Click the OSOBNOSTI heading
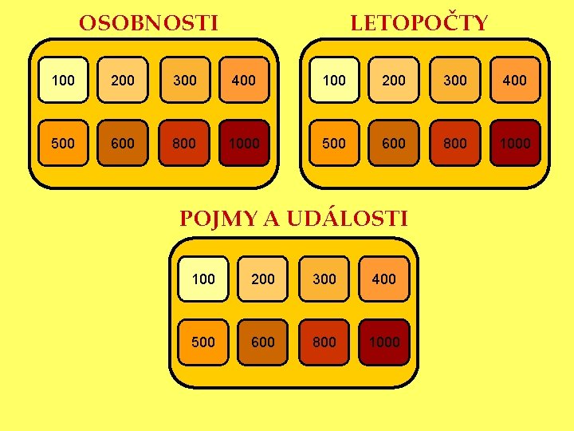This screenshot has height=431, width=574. click(x=148, y=23)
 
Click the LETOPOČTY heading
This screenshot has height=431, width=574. click(x=419, y=23)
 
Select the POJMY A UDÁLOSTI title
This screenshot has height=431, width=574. click(x=293, y=218)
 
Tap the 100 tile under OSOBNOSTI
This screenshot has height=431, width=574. click(x=63, y=80)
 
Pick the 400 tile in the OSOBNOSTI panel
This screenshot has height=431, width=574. click(x=244, y=80)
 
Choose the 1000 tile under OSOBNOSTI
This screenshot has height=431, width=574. click(x=244, y=143)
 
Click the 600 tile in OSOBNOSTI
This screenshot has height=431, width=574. click(x=123, y=143)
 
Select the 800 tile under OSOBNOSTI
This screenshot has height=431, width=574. click(x=183, y=143)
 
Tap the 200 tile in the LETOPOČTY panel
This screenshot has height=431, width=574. click(x=394, y=80)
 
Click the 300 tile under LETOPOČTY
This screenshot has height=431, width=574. click(x=454, y=80)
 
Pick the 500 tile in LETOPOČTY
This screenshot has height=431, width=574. click(x=334, y=143)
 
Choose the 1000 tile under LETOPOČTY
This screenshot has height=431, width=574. click(x=515, y=143)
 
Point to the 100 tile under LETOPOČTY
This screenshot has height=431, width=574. click(x=334, y=80)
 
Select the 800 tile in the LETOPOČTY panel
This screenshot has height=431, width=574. click(x=454, y=143)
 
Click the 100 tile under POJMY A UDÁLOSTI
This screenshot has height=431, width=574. click(x=203, y=279)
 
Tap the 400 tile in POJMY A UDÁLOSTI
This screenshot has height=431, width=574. click(x=384, y=279)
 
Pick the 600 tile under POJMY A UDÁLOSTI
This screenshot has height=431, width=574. click(x=263, y=342)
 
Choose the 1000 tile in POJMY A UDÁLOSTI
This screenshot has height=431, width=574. click(x=384, y=342)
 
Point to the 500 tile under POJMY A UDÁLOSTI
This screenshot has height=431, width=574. click(x=203, y=342)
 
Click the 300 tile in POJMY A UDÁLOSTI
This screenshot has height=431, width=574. click(x=324, y=279)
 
